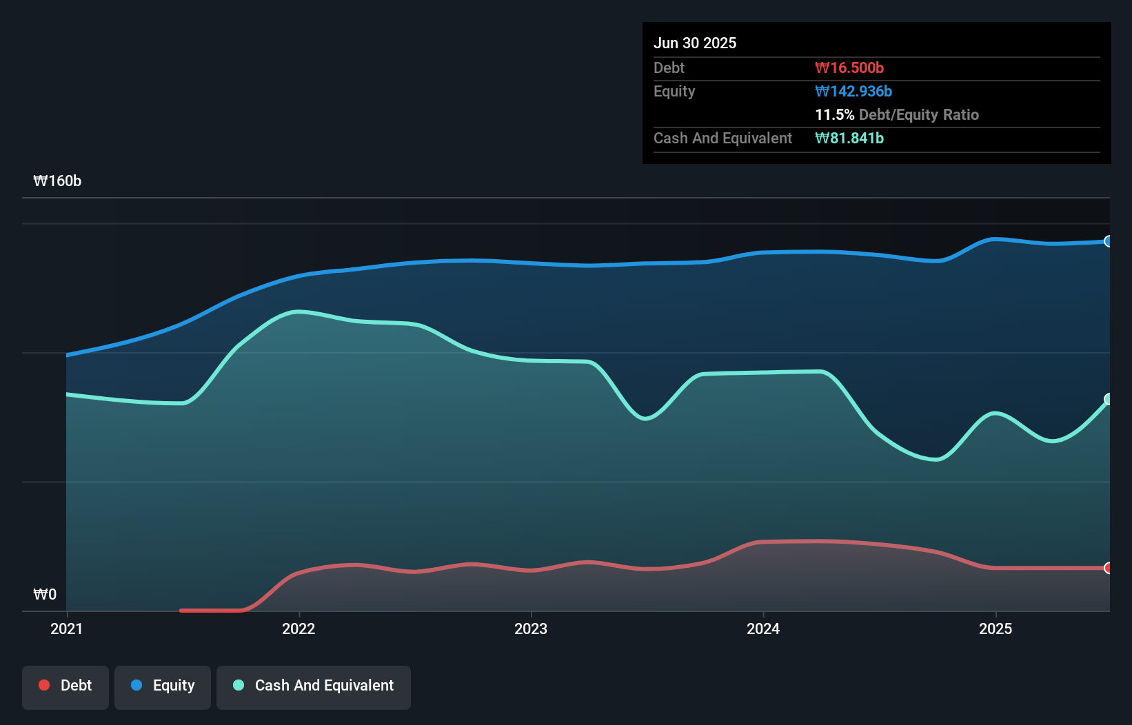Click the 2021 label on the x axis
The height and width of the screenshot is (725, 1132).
(66, 629)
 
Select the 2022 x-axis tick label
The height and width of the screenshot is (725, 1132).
(299, 629)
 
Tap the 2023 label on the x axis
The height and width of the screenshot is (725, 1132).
(531, 629)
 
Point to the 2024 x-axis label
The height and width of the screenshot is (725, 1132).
(763, 629)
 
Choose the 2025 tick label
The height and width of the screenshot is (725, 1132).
(995, 629)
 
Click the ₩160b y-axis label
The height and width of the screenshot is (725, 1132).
(57, 181)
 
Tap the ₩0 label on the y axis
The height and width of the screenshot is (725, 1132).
(45, 594)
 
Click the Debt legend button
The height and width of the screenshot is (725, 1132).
(65, 686)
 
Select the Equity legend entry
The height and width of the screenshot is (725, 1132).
(163, 686)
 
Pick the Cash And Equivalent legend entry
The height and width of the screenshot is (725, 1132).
(314, 686)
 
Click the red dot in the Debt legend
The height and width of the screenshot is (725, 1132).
(44, 685)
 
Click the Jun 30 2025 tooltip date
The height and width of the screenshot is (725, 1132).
(695, 43)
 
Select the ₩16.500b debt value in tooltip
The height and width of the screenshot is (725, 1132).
(849, 68)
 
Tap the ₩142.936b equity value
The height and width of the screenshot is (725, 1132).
(853, 91)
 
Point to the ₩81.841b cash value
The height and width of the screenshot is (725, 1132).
(849, 138)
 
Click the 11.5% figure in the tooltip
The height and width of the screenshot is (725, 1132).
(834, 114)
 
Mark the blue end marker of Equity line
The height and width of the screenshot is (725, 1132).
(1108, 241)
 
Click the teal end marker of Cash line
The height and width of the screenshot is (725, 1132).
(1108, 399)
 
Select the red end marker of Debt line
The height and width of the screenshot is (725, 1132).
(1108, 568)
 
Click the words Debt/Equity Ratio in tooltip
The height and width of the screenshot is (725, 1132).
(919, 114)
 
